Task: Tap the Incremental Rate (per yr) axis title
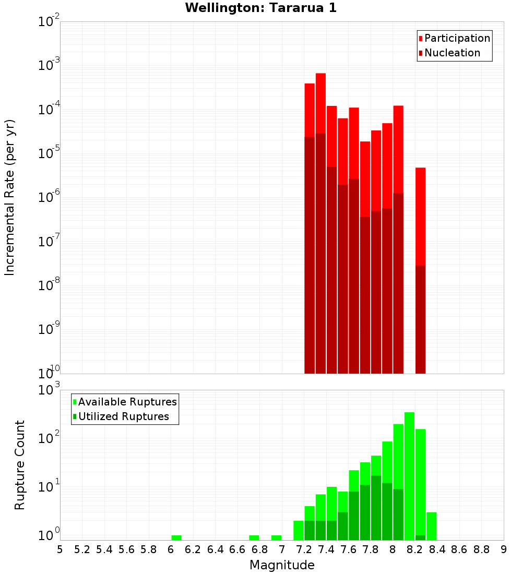point(10,197)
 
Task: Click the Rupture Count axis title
point(20,464)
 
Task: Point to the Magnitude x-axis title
point(282,565)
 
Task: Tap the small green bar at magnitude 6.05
point(176,537)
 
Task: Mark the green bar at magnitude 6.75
point(254,537)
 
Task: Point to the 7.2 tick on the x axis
point(304,549)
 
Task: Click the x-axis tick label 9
point(504,549)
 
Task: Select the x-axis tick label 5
point(60,549)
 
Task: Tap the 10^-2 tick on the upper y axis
point(49,22)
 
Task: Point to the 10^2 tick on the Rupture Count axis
point(49,438)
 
